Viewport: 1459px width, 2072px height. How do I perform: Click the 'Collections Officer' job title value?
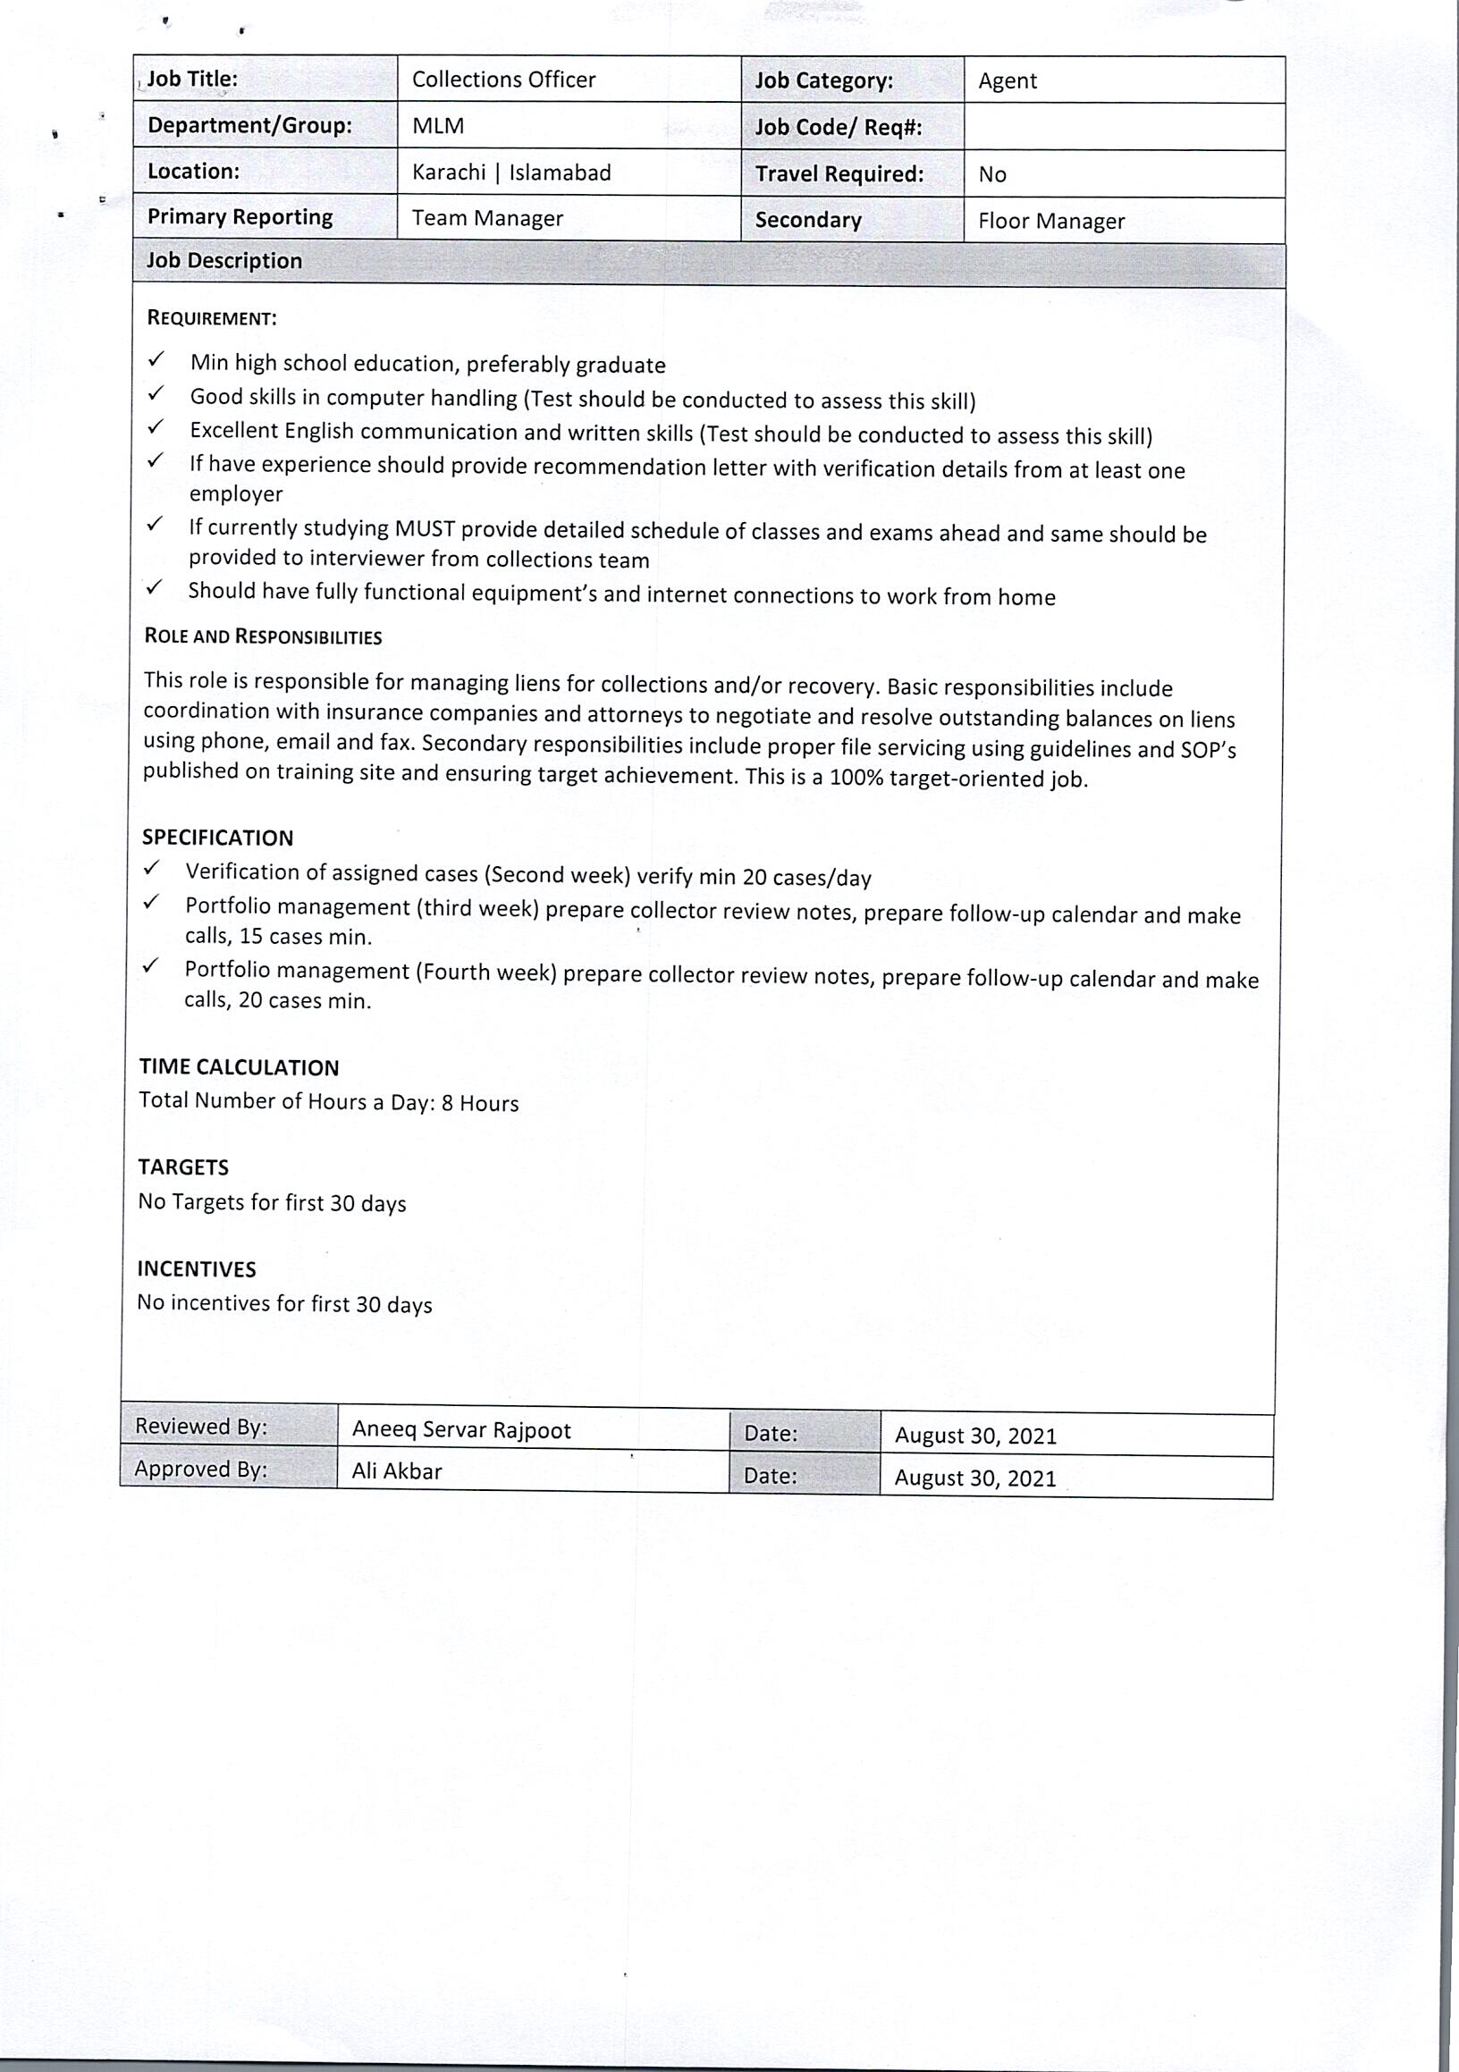click(503, 80)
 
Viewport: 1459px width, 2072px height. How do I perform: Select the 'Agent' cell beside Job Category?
click(1008, 81)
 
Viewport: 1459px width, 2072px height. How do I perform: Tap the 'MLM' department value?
click(439, 125)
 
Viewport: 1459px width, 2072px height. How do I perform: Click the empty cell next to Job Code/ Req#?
click(1124, 127)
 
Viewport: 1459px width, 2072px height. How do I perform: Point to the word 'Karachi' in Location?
click(449, 173)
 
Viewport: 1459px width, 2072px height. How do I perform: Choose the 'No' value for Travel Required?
click(992, 174)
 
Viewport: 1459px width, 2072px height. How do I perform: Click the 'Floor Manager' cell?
click(1051, 221)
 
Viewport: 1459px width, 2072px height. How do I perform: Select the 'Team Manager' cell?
click(487, 218)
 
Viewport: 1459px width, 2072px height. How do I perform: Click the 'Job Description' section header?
click(224, 261)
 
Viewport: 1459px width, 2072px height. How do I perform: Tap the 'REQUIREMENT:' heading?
click(212, 318)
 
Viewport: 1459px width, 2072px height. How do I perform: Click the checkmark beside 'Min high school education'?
click(156, 360)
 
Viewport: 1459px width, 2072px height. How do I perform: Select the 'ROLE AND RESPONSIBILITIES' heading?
click(263, 637)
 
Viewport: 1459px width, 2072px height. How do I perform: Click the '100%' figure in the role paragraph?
click(856, 778)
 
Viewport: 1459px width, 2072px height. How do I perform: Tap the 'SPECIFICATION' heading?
click(217, 838)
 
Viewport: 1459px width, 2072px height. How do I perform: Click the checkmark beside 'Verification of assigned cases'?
click(152, 868)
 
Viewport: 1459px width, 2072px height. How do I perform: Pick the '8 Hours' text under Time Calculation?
click(480, 1104)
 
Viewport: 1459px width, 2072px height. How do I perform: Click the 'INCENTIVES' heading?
click(197, 1268)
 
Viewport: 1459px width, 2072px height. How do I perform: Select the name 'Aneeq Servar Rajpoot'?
click(461, 1430)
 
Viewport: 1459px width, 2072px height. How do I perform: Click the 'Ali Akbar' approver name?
click(397, 1472)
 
